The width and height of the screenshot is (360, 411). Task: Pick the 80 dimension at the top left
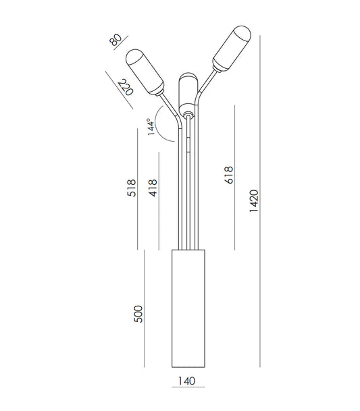(x=118, y=42)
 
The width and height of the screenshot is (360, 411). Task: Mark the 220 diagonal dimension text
(x=124, y=88)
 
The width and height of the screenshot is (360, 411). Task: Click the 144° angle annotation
(x=151, y=126)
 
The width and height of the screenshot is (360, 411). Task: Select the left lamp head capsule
(x=147, y=73)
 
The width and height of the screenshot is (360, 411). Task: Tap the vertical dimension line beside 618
(x=234, y=175)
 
